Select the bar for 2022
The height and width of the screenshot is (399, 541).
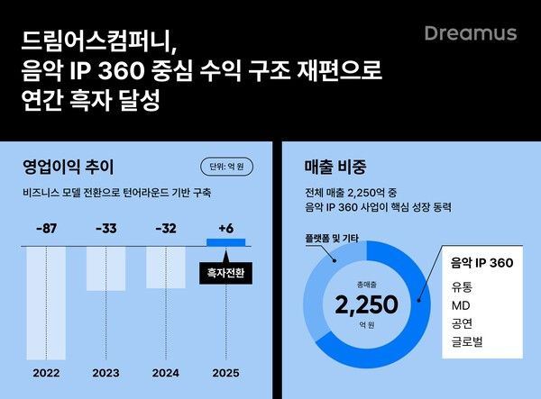pos(46,302)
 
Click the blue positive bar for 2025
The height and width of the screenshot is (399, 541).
pos(225,241)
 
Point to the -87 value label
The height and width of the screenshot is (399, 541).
pos(46,229)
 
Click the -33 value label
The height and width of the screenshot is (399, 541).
pos(105,229)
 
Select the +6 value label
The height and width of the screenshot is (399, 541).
pos(225,229)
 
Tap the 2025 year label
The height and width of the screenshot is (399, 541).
pos(225,372)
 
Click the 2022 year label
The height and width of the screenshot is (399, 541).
pos(46,372)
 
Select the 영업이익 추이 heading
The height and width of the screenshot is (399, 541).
pos(68,167)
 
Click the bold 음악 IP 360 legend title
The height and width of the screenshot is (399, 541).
pos(482,264)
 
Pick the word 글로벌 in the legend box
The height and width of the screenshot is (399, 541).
pos(465,342)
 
